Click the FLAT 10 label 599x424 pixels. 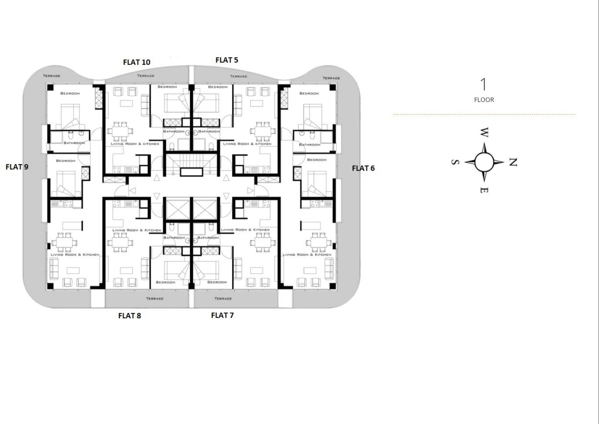137,62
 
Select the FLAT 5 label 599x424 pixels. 227,60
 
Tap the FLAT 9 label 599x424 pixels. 17,167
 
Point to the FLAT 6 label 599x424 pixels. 363,168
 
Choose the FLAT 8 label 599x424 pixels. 129,316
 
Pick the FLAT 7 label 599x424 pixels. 222,315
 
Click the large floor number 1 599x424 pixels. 484,84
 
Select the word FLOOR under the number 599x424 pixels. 484,100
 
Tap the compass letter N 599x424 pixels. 513,162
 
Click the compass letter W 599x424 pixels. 484,132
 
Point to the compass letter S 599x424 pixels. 455,162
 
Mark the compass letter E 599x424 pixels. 484,190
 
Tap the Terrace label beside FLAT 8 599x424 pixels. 155,299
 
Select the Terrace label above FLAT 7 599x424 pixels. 223,299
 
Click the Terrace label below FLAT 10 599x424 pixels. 146,76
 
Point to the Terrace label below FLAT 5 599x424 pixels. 239,76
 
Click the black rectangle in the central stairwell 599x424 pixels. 192,172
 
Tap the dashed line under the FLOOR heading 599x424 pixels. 484,115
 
